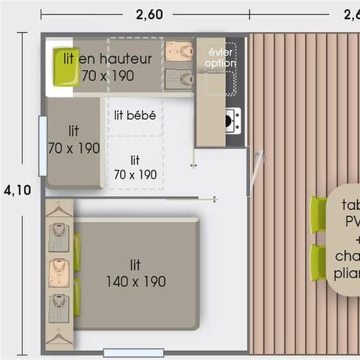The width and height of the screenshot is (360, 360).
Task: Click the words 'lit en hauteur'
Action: pyautogui.click(x=106, y=58)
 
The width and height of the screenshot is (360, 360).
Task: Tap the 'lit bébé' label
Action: pyautogui.click(x=135, y=115)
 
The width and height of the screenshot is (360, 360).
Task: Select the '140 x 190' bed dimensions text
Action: pyautogui.click(x=135, y=281)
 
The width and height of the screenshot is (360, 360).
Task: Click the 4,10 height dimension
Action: pyautogui.click(x=16, y=190)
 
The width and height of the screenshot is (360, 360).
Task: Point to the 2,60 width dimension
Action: pyautogui.click(x=149, y=14)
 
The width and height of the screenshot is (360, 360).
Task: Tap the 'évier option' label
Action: pyautogui.click(x=220, y=58)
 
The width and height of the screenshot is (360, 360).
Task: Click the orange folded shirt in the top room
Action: pyautogui.click(x=179, y=51)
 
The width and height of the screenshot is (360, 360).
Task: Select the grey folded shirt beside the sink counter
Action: pyautogui.click(x=179, y=77)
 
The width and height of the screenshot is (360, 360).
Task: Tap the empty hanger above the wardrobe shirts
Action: pyautogui.click(x=58, y=211)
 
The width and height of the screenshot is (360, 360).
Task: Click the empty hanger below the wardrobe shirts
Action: pyautogui.click(x=58, y=337)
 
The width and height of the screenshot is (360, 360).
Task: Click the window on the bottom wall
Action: pyautogui.click(x=133, y=352)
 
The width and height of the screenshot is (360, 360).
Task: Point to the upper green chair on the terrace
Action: pyautogui.click(x=319, y=214)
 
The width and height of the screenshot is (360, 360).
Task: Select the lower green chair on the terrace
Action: pyautogui.click(x=319, y=262)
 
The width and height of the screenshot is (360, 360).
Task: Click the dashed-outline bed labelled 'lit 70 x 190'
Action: pyautogui.click(x=135, y=166)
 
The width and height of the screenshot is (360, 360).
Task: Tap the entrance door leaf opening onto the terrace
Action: pyautogui.click(x=258, y=171)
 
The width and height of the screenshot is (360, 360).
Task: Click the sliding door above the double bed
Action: pyautogui.click(x=191, y=199)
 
